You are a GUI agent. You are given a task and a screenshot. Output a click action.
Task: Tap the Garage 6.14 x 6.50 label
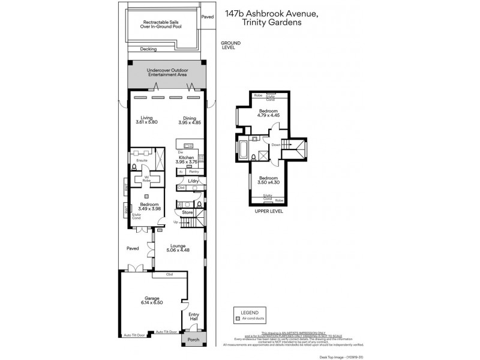click(154, 300)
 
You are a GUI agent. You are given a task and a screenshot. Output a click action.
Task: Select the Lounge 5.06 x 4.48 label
click(178, 248)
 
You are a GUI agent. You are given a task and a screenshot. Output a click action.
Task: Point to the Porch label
click(193, 340)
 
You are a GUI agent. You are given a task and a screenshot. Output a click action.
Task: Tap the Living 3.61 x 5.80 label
click(146, 120)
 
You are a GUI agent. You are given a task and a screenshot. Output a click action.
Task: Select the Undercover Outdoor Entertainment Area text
click(167, 73)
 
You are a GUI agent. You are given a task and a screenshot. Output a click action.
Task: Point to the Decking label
click(148, 49)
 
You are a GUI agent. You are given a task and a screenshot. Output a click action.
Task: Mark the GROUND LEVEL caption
click(230, 45)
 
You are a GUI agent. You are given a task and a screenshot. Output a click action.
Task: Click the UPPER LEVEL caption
click(268, 211)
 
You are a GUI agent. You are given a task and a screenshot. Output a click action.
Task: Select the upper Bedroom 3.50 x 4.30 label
click(268, 181)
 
